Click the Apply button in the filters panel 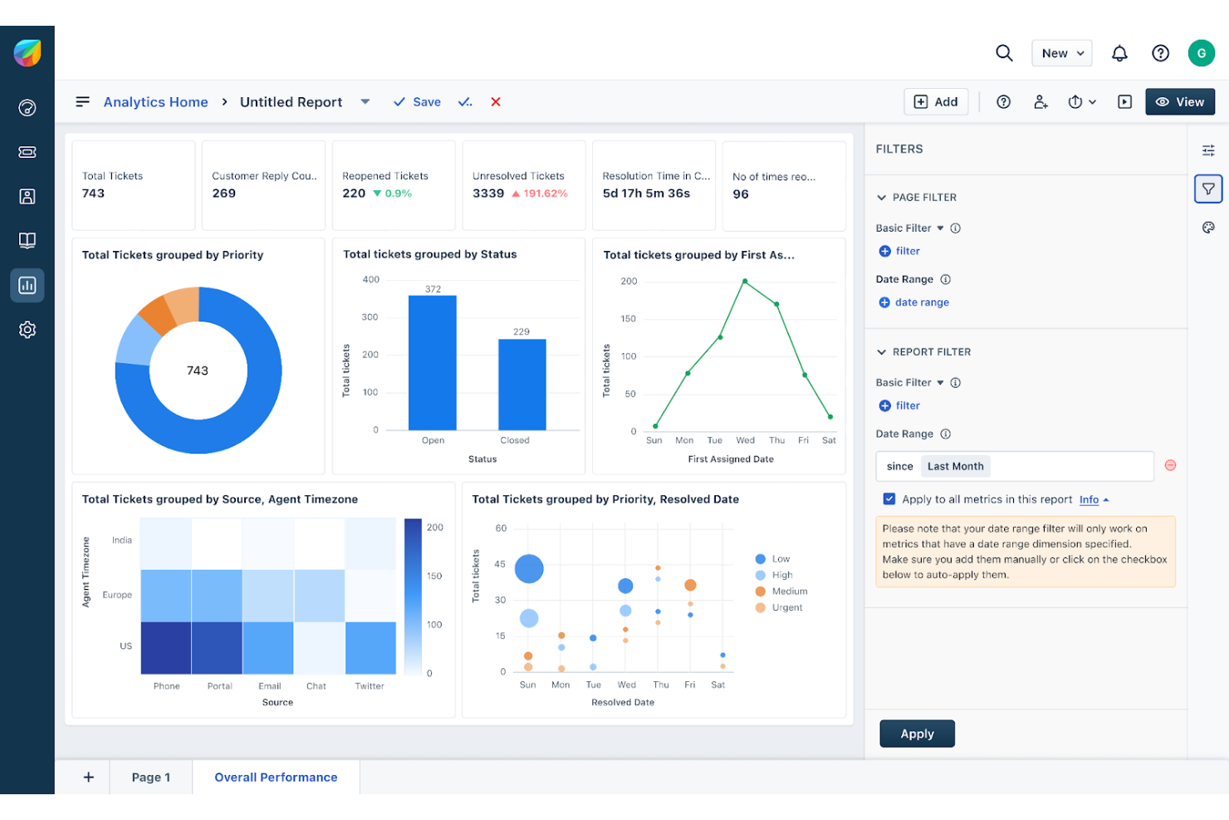917,734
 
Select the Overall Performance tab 276,777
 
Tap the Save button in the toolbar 417,102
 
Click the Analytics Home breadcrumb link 155,102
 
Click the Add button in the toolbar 936,101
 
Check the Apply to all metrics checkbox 889,499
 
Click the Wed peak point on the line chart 745,282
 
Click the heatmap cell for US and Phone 166,647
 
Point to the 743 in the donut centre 198,371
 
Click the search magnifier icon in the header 1004,53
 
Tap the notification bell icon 1119,53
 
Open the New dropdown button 1061,53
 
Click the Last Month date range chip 955,466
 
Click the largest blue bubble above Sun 529,569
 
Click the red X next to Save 496,102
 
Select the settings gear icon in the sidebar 27,330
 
